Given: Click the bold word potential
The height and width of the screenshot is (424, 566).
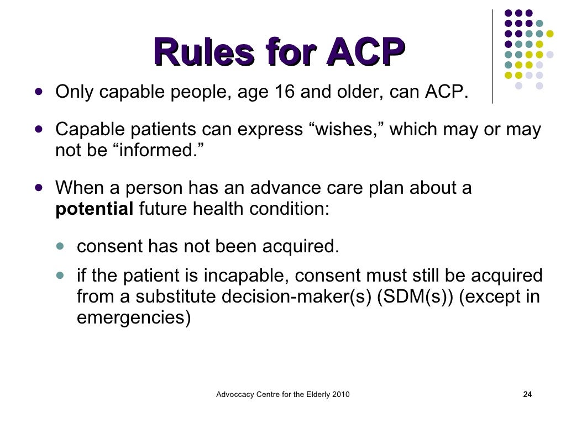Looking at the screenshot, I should [94, 210].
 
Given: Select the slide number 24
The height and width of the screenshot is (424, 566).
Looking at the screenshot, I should [527, 394].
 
